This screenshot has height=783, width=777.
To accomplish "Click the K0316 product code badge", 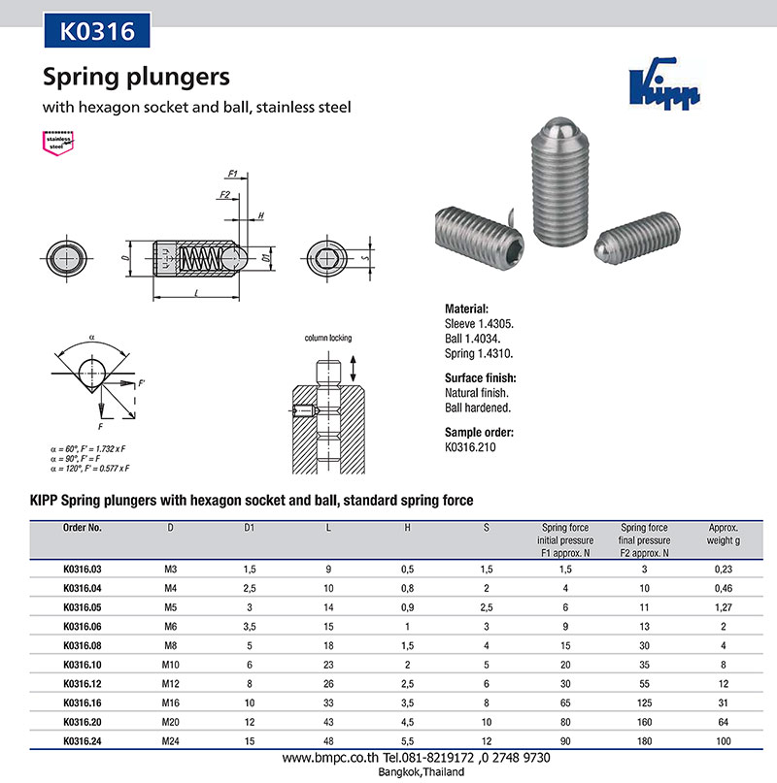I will [97, 30].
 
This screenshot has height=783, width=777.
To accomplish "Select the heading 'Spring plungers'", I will [135, 77].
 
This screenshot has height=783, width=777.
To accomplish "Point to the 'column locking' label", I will [328, 339].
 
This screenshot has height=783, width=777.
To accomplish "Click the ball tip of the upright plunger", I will [557, 126].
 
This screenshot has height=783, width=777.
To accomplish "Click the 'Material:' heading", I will [472, 308].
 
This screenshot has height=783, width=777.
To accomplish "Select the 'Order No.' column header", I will [82, 529].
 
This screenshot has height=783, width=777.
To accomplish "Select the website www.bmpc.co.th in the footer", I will [321, 758].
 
